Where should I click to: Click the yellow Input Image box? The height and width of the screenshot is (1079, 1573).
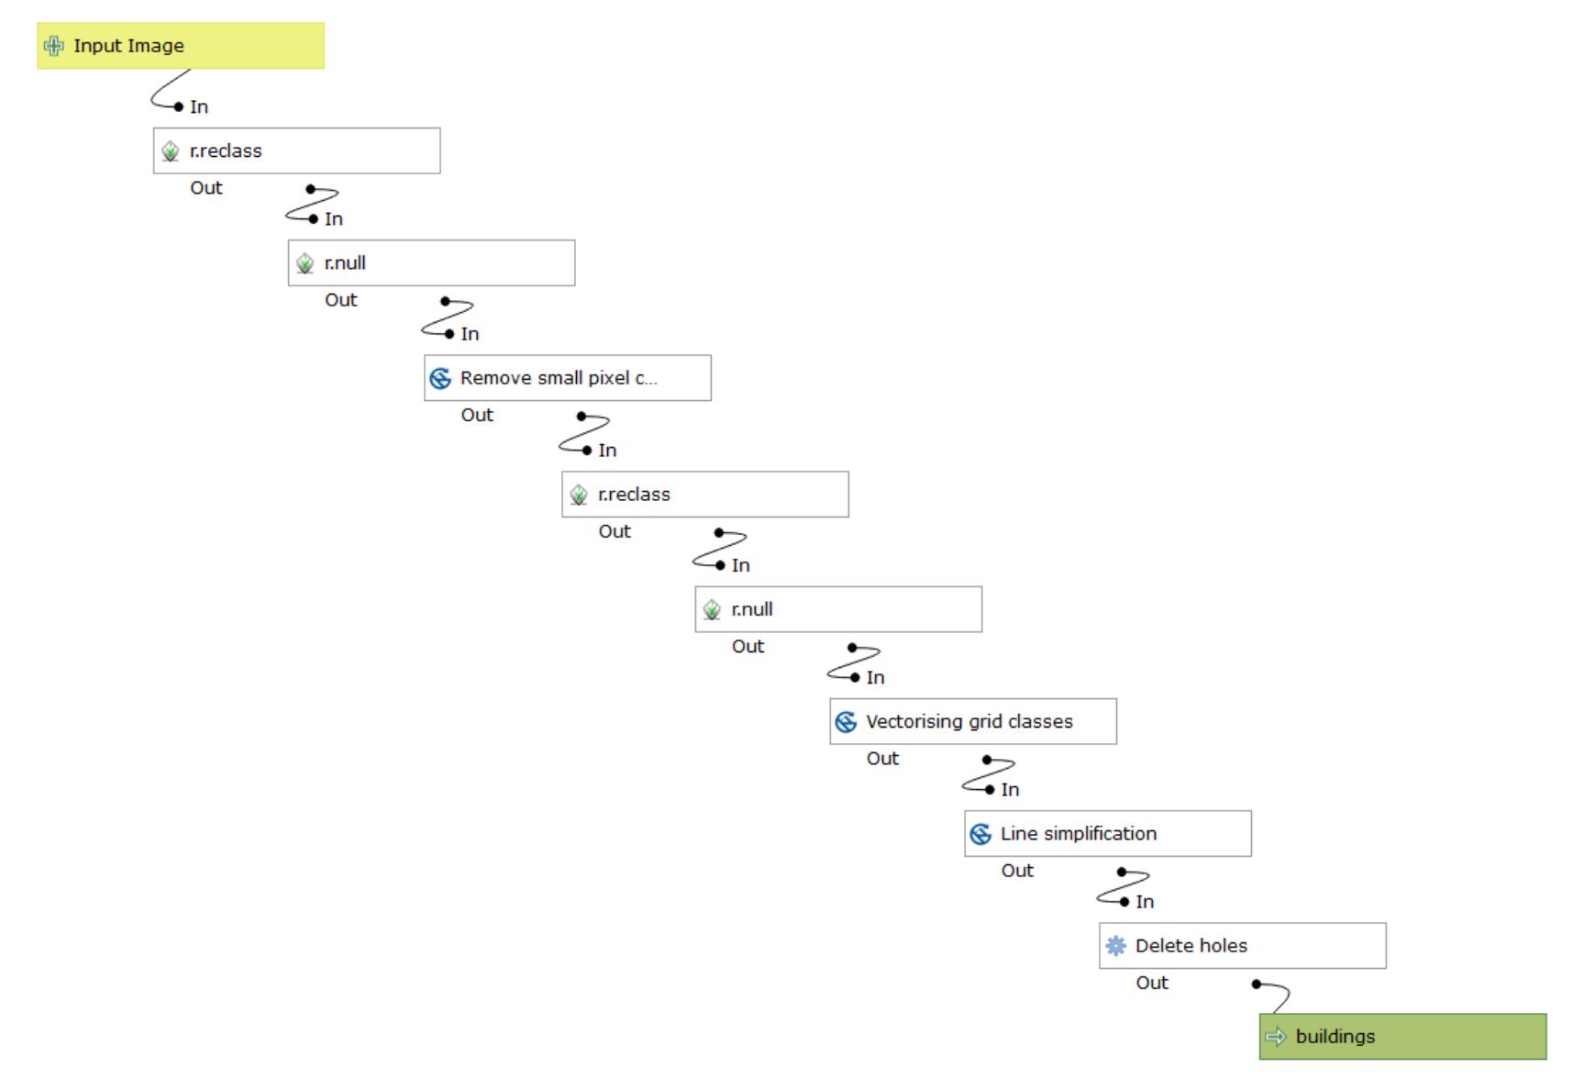181,46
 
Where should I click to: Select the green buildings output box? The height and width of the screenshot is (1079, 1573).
1402,1037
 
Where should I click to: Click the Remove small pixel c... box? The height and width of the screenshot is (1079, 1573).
568,378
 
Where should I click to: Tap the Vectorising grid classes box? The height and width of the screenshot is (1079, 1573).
973,721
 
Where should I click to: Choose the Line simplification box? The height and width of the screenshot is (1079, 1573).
1108,834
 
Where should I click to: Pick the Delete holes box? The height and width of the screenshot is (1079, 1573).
1243,946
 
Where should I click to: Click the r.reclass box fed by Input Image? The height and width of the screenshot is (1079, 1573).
297,150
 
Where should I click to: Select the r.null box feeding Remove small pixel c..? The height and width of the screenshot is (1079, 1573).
432,263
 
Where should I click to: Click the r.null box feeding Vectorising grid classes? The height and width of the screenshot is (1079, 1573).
838,609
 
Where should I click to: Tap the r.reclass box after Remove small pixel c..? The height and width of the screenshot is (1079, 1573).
705,495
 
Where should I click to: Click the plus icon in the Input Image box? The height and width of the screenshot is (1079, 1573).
54,46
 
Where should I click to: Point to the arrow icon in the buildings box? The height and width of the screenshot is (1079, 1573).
1276,1037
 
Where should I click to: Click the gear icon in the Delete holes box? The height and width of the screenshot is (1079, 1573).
1115,946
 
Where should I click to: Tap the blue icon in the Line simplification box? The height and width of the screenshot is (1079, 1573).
980,834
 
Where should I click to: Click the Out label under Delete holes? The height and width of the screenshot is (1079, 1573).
1152,983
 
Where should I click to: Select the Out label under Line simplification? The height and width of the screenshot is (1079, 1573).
1017,871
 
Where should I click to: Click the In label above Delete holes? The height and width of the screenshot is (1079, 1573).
1145,902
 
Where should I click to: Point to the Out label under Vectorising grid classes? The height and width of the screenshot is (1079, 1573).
882,759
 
